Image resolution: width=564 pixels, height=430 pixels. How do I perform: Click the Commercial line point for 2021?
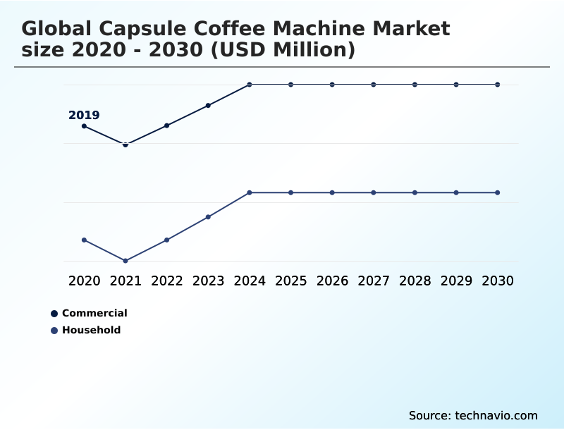[x=125, y=145]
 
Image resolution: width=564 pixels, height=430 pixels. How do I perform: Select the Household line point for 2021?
[x=125, y=261]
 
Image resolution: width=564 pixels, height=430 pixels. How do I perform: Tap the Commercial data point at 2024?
[x=250, y=85]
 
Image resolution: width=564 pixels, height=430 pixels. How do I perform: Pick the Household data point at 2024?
[x=250, y=192]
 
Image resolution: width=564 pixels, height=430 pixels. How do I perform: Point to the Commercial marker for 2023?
[x=208, y=106]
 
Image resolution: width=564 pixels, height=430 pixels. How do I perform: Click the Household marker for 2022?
[x=167, y=240]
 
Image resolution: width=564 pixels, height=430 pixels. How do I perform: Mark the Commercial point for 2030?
[x=498, y=85]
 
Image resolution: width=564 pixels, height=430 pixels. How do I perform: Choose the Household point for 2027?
[x=374, y=192]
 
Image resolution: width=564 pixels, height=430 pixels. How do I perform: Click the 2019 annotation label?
[x=84, y=116]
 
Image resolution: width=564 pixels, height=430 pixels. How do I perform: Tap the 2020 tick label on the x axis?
[x=85, y=281]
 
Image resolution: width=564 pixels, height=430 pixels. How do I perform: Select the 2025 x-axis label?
[x=290, y=281]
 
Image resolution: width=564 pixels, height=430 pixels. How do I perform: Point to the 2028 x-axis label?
[x=415, y=281]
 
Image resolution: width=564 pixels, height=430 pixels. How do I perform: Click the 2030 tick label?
[x=498, y=281]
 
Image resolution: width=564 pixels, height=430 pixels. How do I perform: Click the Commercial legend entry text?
[x=94, y=313]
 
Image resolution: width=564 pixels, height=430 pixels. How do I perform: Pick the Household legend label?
[x=91, y=330]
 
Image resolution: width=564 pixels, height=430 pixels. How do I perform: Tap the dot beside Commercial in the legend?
[x=54, y=314]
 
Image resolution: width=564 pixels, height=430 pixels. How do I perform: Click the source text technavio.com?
[x=496, y=415]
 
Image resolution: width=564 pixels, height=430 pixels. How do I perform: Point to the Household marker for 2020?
[x=85, y=240]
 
